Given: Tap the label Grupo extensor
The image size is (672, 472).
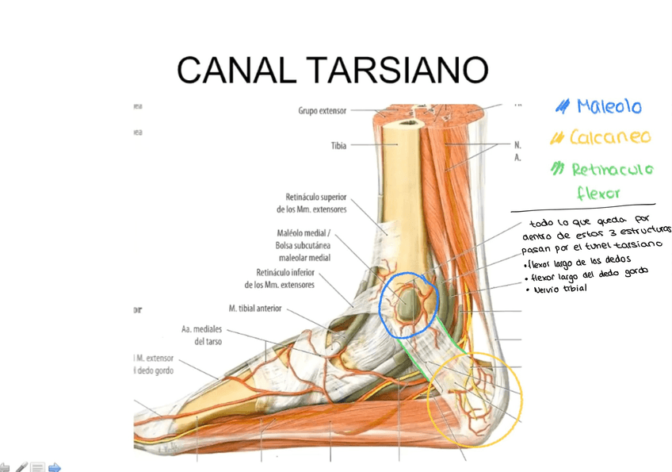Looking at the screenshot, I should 323,111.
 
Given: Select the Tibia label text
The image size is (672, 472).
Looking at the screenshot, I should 338,146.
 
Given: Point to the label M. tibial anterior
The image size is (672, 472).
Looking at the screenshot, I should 254,309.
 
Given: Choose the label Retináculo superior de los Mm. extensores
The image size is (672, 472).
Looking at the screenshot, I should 311,203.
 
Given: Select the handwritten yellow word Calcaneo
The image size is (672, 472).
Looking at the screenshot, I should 609,137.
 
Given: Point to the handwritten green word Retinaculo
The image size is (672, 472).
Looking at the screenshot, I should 613,169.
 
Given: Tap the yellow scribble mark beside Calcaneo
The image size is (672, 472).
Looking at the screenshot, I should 557,138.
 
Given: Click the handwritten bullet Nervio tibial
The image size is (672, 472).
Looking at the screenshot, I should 559,289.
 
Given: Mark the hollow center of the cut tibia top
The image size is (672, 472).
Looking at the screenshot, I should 410,122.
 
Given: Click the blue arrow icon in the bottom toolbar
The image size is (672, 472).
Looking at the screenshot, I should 55,467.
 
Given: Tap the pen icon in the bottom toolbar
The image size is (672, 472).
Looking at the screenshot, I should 21,467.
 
